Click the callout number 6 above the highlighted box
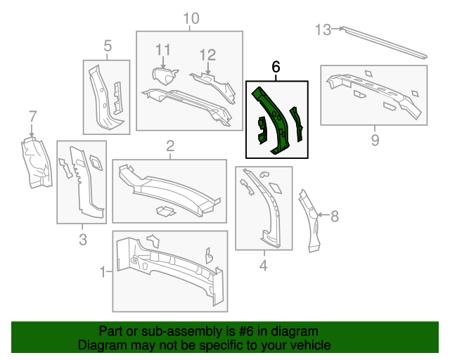pyautogui.click(x=276, y=67)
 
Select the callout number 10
pyautogui.click(x=191, y=18)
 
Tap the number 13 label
pyautogui.click(x=323, y=30)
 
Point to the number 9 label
pyautogui.click(x=375, y=141)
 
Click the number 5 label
pyautogui.click(x=108, y=46)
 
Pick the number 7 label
pyautogui.click(x=32, y=116)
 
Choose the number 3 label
pyautogui.click(x=82, y=240)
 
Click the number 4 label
pyautogui.click(x=264, y=266)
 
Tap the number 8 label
pyautogui.click(x=334, y=215)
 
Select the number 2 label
pyautogui.click(x=170, y=146)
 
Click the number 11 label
pyautogui.click(x=163, y=49)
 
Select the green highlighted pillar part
pyautogui.click(x=276, y=120)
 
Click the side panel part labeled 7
pyautogui.click(x=34, y=164)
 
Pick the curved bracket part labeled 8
pyautogui.click(x=311, y=218)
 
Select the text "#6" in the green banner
pyautogui.click(x=234, y=331)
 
